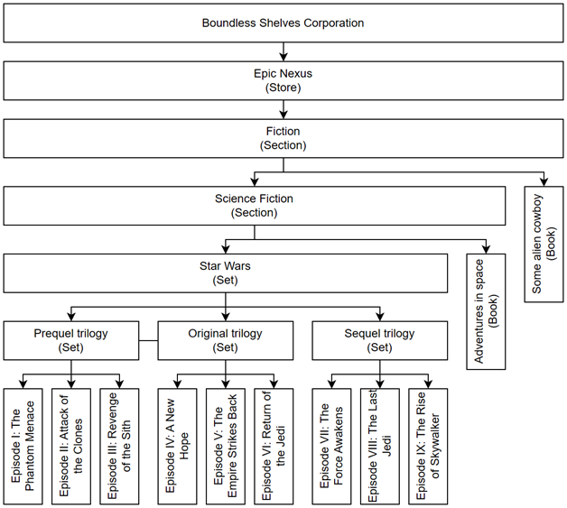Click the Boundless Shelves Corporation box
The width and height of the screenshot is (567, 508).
(x=283, y=23)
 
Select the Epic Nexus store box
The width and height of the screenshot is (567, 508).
(x=283, y=80)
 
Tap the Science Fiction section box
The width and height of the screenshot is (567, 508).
(x=255, y=206)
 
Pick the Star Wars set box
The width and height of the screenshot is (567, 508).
(x=226, y=273)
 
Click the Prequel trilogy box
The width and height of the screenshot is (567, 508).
(x=71, y=340)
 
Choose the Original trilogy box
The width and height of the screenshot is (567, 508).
(x=226, y=340)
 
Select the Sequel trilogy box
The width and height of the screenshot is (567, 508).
(x=380, y=340)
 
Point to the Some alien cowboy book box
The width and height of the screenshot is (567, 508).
(x=544, y=245)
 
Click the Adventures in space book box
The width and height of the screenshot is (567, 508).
(x=486, y=311)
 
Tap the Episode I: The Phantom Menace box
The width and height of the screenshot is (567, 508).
(x=23, y=447)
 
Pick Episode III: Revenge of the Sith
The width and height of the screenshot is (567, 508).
(x=119, y=447)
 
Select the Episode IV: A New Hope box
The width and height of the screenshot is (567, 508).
(x=177, y=447)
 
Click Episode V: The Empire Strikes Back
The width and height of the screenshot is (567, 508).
(x=226, y=447)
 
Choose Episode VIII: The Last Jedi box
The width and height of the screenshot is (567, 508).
(x=380, y=447)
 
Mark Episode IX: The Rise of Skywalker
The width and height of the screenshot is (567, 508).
(x=428, y=447)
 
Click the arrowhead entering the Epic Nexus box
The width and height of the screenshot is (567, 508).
(x=283, y=57)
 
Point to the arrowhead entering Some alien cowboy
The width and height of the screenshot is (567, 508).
(x=544, y=182)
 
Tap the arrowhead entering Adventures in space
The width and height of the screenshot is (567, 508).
(x=486, y=249)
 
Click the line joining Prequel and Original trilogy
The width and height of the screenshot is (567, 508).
(x=148, y=340)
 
